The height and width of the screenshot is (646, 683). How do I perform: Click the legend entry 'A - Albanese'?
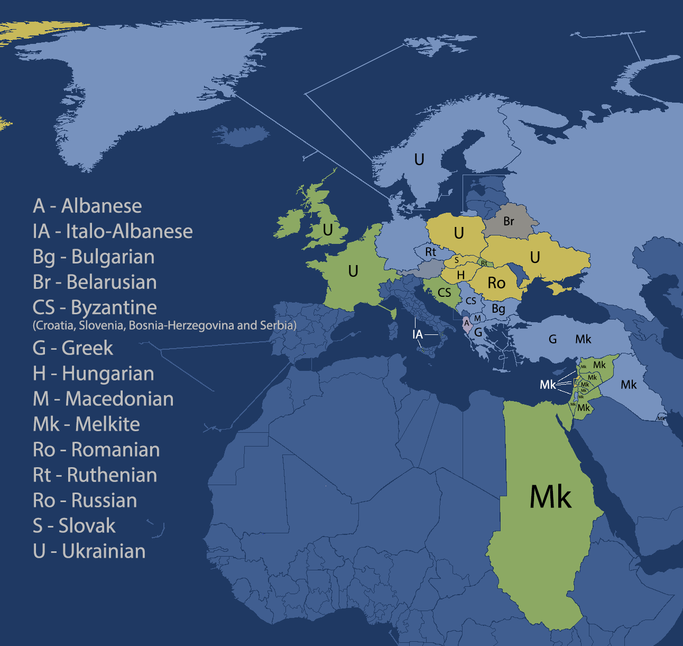[x=87, y=206]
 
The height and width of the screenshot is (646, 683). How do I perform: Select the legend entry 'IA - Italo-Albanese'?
[x=113, y=231]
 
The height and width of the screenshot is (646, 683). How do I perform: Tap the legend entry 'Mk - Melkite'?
[x=86, y=424]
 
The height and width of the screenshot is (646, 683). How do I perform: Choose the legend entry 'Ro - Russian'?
[x=85, y=501]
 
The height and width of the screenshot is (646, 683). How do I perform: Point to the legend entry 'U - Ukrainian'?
[x=89, y=551]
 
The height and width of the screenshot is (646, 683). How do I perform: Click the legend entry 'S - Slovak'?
[x=74, y=526]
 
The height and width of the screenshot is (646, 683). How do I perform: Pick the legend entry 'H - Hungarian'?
[x=93, y=374]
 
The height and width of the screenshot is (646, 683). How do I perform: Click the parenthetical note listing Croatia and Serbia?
[x=164, y=325]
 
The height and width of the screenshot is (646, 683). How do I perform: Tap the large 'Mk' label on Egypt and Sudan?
[x=550, y=497]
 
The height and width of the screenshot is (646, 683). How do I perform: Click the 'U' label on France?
[x=353, y=271]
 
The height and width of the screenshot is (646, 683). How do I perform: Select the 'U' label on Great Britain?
[x=328, y=230]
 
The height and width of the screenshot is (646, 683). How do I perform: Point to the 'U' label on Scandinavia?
[x=419, y=159]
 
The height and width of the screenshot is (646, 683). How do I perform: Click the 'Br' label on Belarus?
[x=509, y=221]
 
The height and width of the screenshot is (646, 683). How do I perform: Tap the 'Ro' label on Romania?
[x=496, y=283]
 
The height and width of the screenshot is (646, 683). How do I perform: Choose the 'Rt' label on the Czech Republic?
[x=431, y=252]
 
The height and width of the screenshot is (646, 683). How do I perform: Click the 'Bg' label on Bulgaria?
[x=499, y=308]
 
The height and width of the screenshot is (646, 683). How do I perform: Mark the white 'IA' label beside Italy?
[x=418, y=334]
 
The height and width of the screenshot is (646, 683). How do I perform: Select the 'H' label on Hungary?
[x=461, y=275]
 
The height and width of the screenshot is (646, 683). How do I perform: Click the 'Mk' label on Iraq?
[x=629, y=385]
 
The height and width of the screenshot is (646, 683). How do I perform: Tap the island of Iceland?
[x=241, y=135]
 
